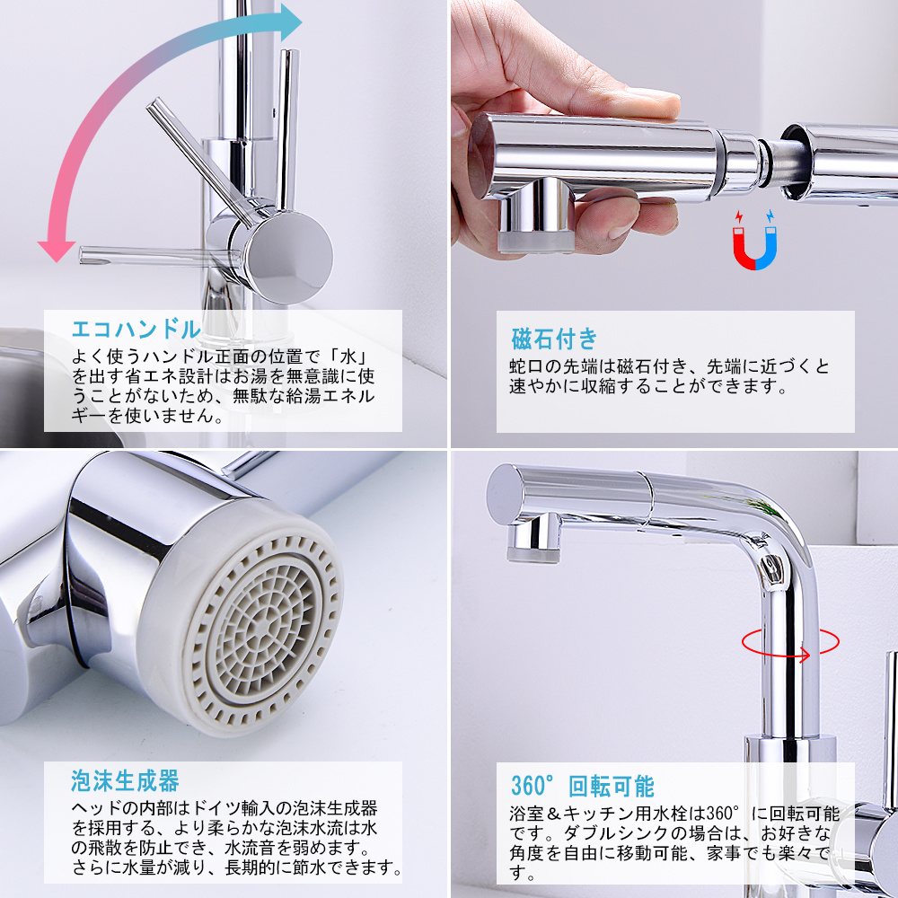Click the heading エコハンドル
tap(135, 327)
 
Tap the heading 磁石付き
tap(554, 339)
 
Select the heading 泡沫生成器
tap(125, 779)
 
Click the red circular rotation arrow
tap(790, 643)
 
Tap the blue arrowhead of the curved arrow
tap(289, 22)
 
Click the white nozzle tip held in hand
tap(535, 237)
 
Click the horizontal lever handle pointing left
tap(144, 254)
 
